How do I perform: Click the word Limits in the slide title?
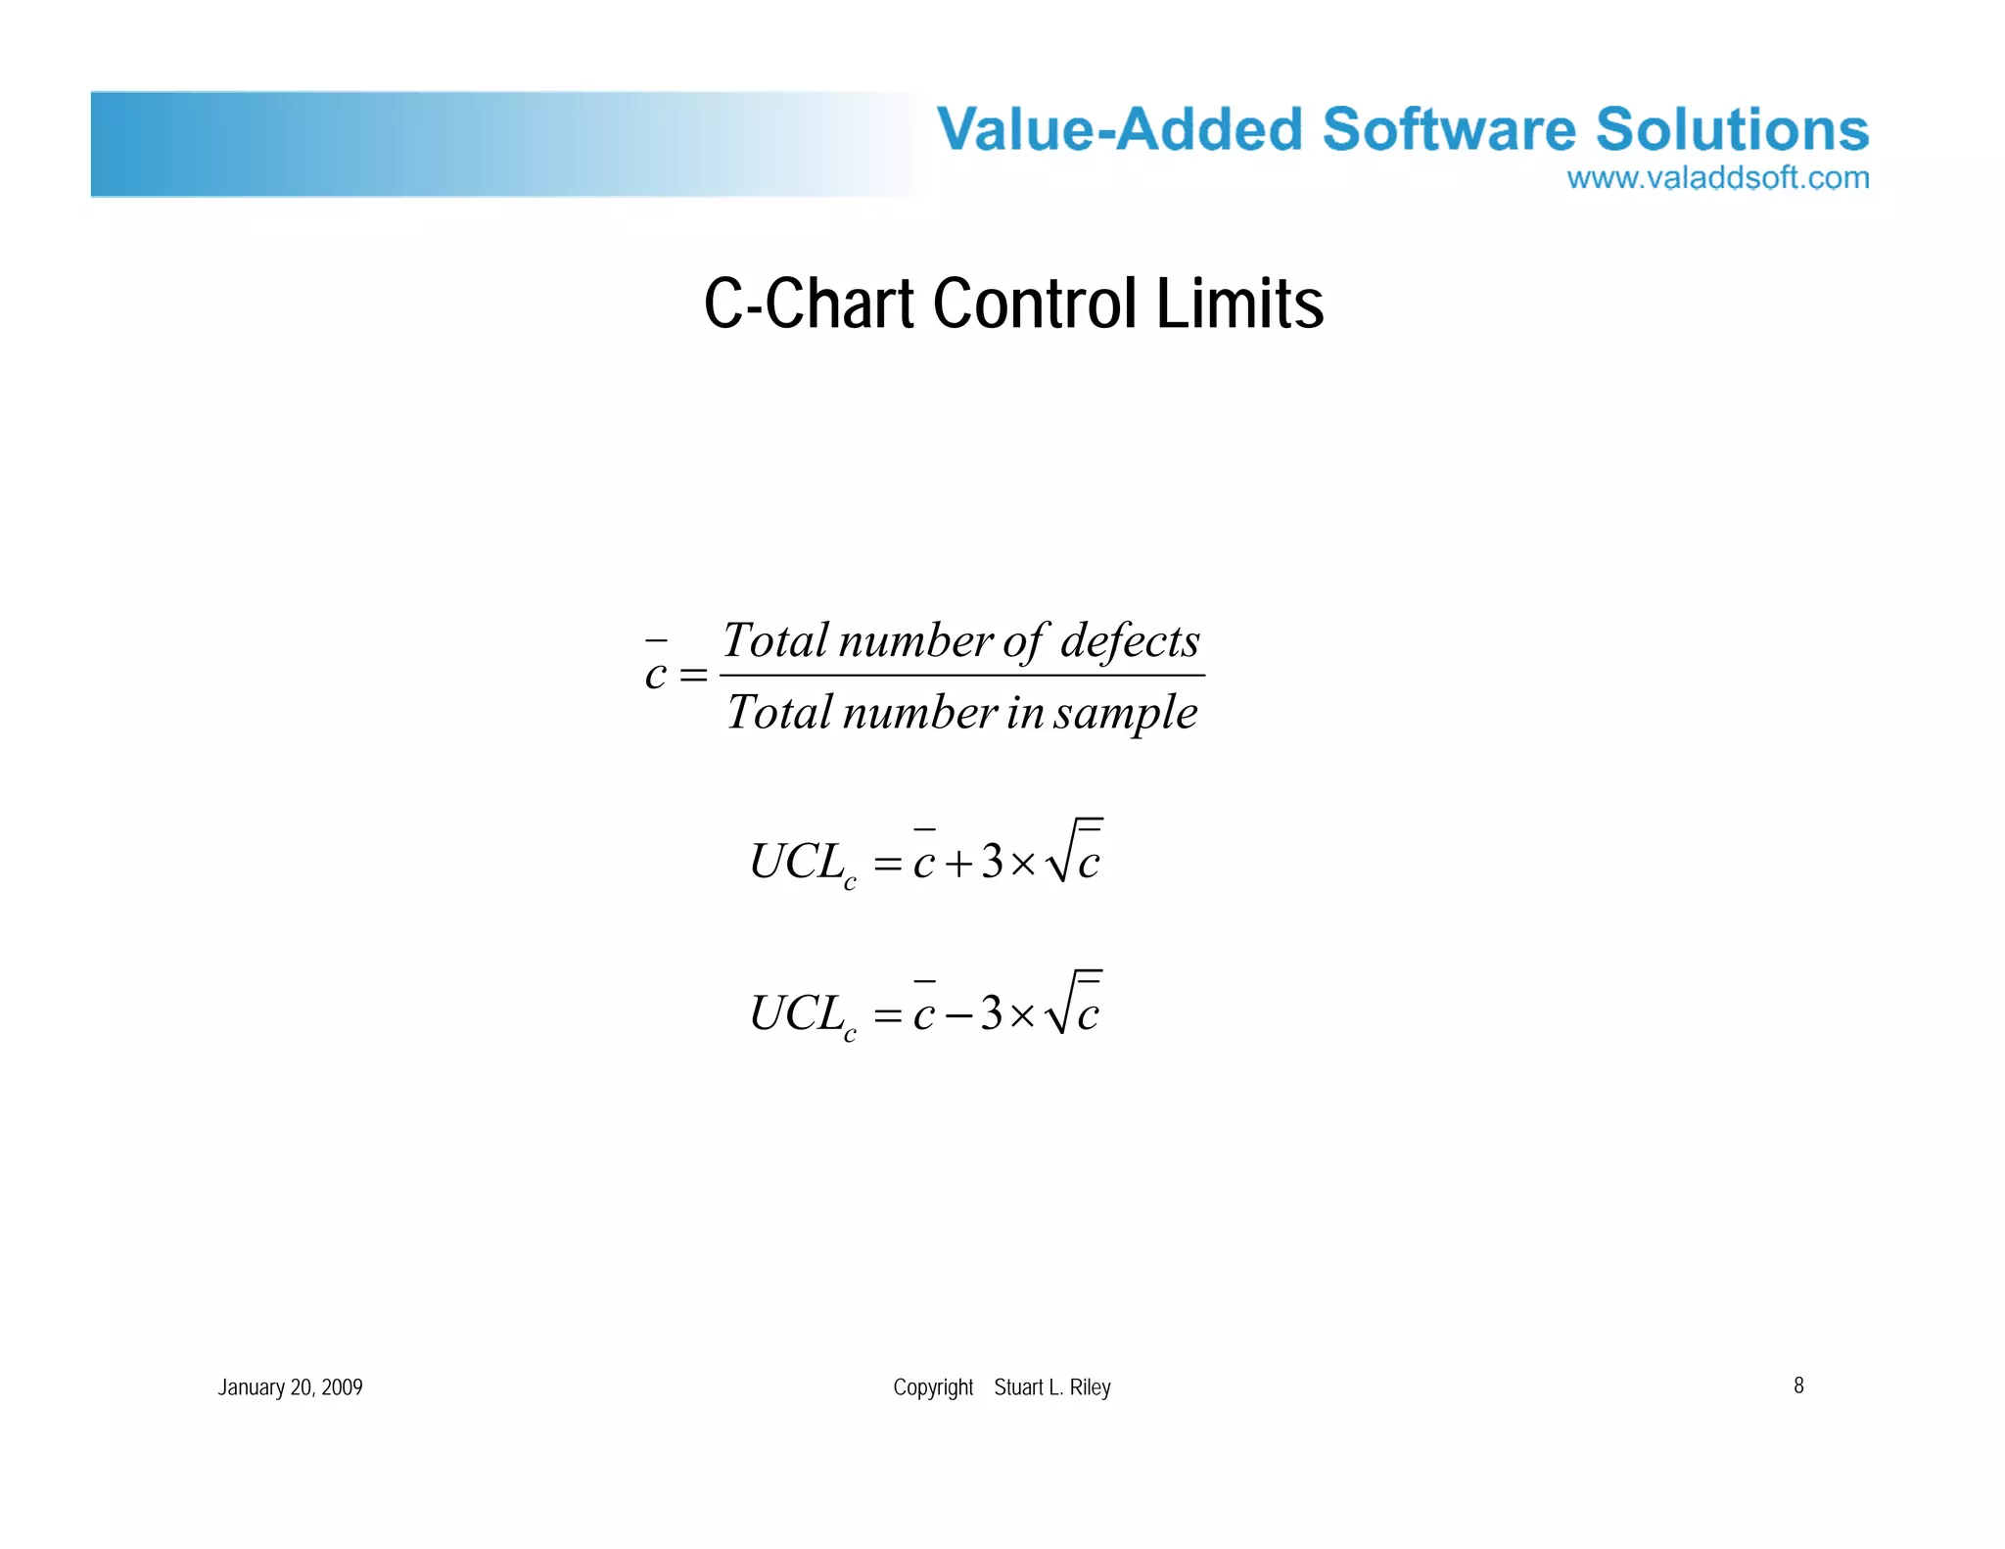coord(1239,304)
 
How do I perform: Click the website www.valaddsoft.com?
coord(1717,178)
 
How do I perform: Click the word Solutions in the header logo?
coord(1732,129)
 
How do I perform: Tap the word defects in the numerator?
coord(1130,641)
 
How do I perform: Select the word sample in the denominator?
coord(1125,713)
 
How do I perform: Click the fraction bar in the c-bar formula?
coord(961,676)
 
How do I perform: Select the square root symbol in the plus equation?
coord(1058,852)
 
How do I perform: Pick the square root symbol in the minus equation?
coord(1058,1004)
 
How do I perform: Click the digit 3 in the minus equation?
coord(992,1013)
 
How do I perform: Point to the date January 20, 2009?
coord(290,1387)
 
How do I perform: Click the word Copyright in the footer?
coord(932,1387)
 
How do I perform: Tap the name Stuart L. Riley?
coord(1051,1387)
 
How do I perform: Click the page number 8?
coord(1798,1385)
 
